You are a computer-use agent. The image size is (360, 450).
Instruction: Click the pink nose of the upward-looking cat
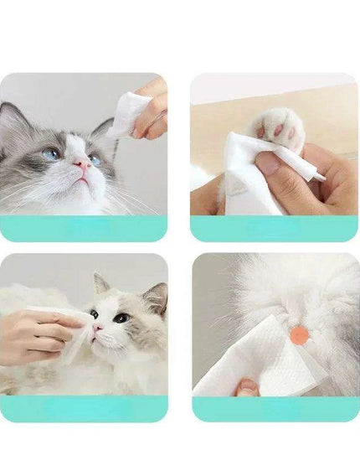83,166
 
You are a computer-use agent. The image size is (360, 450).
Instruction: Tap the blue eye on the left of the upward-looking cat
51,154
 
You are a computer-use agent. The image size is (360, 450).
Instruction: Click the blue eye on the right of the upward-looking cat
95,159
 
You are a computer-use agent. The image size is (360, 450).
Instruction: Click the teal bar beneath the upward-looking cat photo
83,228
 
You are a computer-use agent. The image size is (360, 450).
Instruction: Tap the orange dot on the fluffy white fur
298,335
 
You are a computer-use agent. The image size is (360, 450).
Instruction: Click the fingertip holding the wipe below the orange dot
247,386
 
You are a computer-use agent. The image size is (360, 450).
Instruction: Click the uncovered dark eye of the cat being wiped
121,318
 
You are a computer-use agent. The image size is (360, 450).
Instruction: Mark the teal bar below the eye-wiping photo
83,408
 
